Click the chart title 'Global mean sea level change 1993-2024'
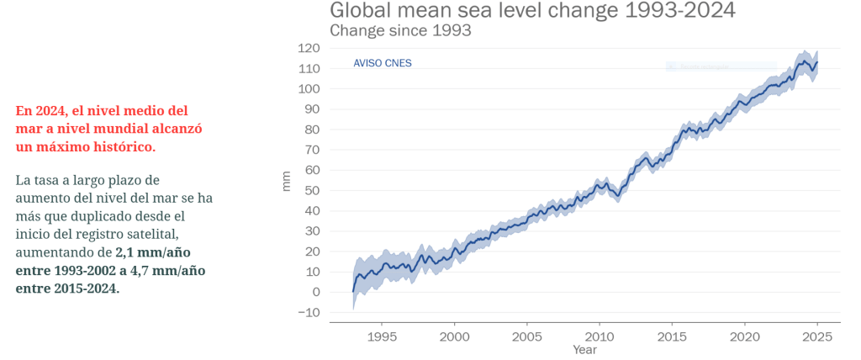tap(532, 11)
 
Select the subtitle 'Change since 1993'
tap(399, 30)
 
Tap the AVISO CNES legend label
tap(383, 63)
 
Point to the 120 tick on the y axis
tap(308, 48)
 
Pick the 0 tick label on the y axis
tap(315, 292)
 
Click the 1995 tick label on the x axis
tap(382, 336)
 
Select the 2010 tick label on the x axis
tap(600, 336)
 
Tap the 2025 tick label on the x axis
tap(816, 336)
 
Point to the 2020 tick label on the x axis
tap(744, 336)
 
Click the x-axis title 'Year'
tap(584, 349)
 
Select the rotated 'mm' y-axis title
tap(286, 181)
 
